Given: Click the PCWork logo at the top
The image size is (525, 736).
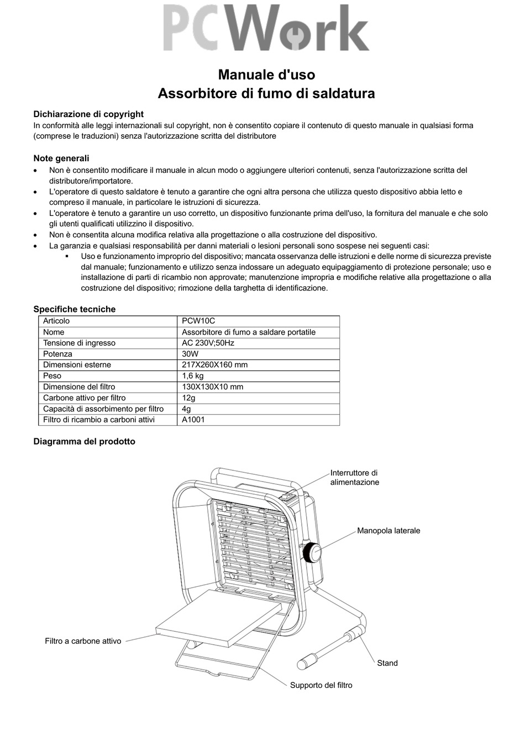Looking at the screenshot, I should click(x=266, y=28).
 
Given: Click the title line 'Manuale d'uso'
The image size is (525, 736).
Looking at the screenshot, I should click(x=266, y=75).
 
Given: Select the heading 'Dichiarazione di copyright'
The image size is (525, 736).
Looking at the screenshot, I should click(x=88, y=114).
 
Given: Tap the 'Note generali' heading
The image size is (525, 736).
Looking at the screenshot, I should click(x=61, y=158).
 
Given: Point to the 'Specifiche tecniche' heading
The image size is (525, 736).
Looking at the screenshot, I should click(x=75, y=309).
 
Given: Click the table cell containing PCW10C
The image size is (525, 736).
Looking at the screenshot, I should click(x=198, y=321).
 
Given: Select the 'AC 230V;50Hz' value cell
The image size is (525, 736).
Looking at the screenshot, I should click(x=208, y=343).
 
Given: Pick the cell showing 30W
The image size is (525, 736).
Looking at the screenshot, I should click(x=190, y=354).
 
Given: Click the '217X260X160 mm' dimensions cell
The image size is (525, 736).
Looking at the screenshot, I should click(x=214, y=365).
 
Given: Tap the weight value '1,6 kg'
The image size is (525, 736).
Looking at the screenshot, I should click(x=193, y=376).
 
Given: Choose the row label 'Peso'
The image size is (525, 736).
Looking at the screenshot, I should click(x=53, y=376).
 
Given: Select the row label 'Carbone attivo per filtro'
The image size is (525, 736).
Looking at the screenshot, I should click(x=85, y=398).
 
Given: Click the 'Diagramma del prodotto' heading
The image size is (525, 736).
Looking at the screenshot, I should click(x=84, y=442).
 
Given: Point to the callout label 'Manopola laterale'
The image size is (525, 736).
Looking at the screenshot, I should click(x=389, y=531).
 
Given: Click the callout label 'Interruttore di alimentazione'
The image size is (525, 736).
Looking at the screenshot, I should click(x=355, y=478).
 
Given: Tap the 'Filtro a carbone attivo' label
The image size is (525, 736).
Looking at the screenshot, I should click(x=83, y=641).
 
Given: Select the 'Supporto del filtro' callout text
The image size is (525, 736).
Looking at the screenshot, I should click(x=321, y=685).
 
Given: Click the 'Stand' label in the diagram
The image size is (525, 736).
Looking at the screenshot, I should click(x=387, y=663).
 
